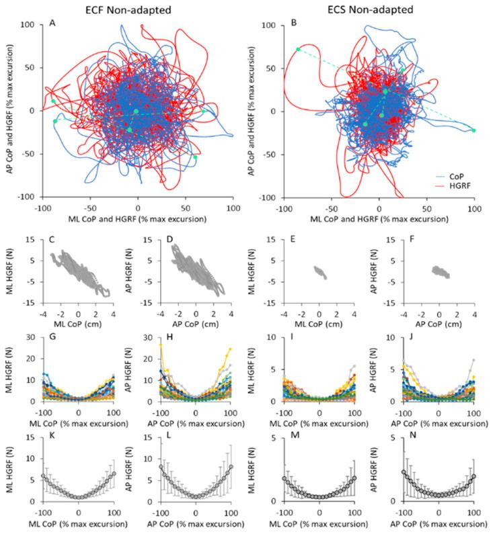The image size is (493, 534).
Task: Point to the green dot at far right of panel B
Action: point(473,130)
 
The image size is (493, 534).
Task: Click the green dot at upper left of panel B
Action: point(298,49)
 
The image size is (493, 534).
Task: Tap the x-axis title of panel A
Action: point(138,218)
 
